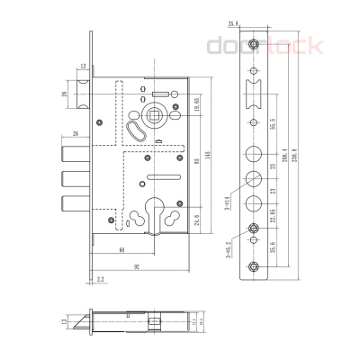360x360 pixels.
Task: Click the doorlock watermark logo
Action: tap(265, 46)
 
